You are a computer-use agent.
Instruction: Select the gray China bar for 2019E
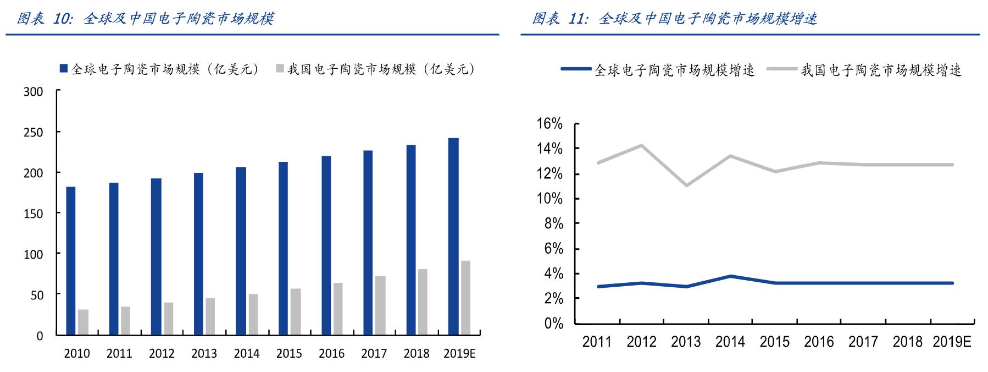465,298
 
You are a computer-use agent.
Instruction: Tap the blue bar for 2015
283,248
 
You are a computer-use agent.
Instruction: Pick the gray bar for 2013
210,316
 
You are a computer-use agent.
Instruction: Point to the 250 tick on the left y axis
34,133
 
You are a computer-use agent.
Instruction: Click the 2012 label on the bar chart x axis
162,354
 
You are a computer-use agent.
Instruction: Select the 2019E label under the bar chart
459,354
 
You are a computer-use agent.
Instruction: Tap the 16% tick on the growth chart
549,124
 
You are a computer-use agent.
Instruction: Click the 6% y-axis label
553,249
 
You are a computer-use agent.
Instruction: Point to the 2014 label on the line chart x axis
730,342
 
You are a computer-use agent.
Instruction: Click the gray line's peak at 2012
641,145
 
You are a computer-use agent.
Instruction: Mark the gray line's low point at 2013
686,185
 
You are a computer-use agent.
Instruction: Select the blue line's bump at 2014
730,276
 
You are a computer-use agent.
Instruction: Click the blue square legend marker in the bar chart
63,69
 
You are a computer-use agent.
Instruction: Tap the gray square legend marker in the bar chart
279,69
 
